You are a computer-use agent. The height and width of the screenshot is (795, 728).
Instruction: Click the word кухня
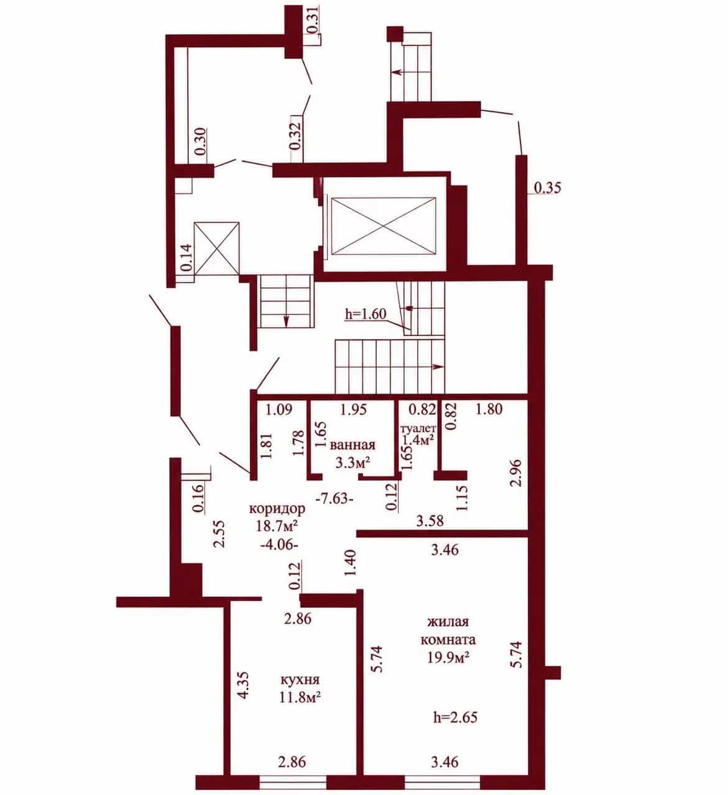pos(300,680)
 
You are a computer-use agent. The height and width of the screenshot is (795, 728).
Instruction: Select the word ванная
pos(352,445)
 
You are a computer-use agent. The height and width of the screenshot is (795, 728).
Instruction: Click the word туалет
pos(419,429)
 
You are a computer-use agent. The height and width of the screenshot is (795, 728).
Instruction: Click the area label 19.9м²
pos(449,658)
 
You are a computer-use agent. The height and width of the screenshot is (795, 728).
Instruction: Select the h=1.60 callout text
pos(366,314)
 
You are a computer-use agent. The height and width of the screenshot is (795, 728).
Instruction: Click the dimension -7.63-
pos(334,499)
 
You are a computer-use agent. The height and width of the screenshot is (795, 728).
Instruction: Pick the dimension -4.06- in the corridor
pos(279,546)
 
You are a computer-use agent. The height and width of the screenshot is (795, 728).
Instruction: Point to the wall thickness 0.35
pos(548,188)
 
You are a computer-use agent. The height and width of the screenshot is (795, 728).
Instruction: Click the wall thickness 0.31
pos(313,20)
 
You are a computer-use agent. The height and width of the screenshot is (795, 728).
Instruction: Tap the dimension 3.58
pos(430,520)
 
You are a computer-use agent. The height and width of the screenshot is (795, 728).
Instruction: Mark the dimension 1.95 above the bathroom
pos(354,409)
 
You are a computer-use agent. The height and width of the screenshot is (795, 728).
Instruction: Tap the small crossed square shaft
pos(216,248)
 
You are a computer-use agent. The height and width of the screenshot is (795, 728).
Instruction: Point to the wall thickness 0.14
pos(187,257)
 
